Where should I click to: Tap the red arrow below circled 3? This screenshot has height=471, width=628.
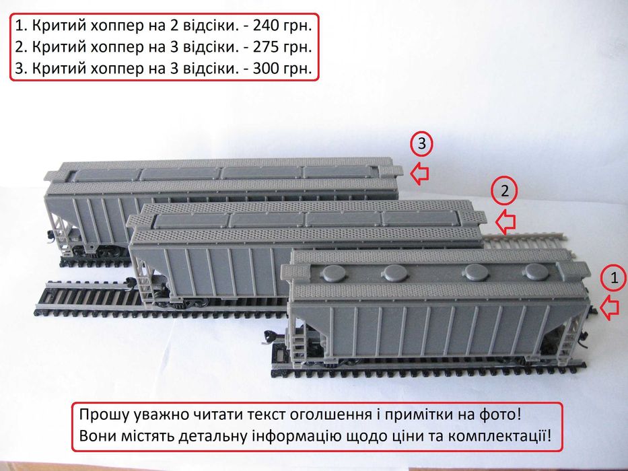click(x=420, y=173)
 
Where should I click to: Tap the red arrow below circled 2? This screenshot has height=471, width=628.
click(x=504, y=220)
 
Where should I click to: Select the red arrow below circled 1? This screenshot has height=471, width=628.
click(x=609, y=307)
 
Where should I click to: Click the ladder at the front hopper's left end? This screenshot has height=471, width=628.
click(x=296, y=336)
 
